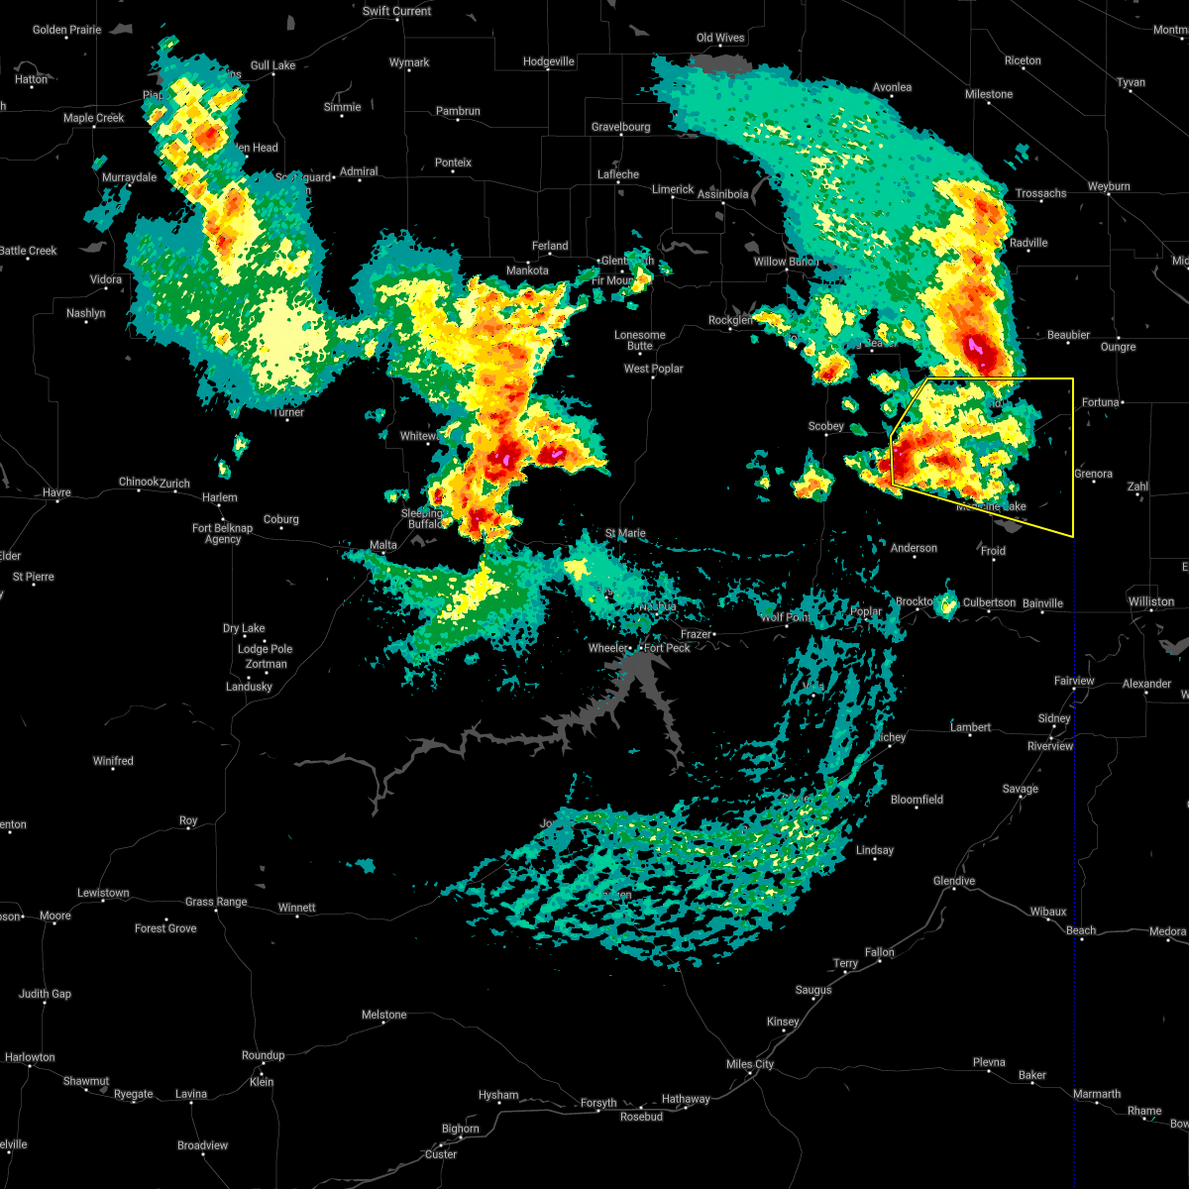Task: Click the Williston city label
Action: coord(1150,601)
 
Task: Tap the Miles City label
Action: coord(750,1064)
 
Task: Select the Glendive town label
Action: coord(954,881)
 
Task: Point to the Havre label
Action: coord(56,492)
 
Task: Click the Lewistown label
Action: coord(103,893)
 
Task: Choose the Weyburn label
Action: coord(1108,186)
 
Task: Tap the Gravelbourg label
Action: coord(620,127)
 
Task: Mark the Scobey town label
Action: coord(825,426)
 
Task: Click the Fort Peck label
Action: coord(667,648)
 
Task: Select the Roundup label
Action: coord(263,1055)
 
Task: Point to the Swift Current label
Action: coord(396,11)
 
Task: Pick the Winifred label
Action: coord(113,761)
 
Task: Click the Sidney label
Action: coord(1054,718)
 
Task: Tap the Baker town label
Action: coord(1031,1075)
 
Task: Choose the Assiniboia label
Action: coord(722,194)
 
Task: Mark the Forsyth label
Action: coord(598,1103)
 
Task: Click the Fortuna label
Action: coord(1100,401)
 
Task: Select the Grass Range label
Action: coord(216,902)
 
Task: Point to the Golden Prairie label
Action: coord(66,30)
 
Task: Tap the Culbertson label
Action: coord(989,602)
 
